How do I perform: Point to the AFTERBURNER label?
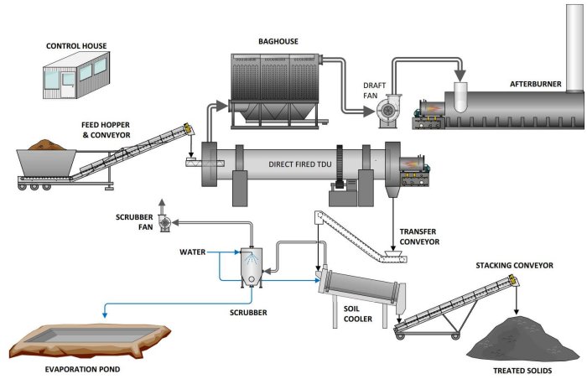[x=537, y=84]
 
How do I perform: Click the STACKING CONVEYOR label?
[x=514, y=265]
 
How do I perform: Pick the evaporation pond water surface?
[x=80, y=336]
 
